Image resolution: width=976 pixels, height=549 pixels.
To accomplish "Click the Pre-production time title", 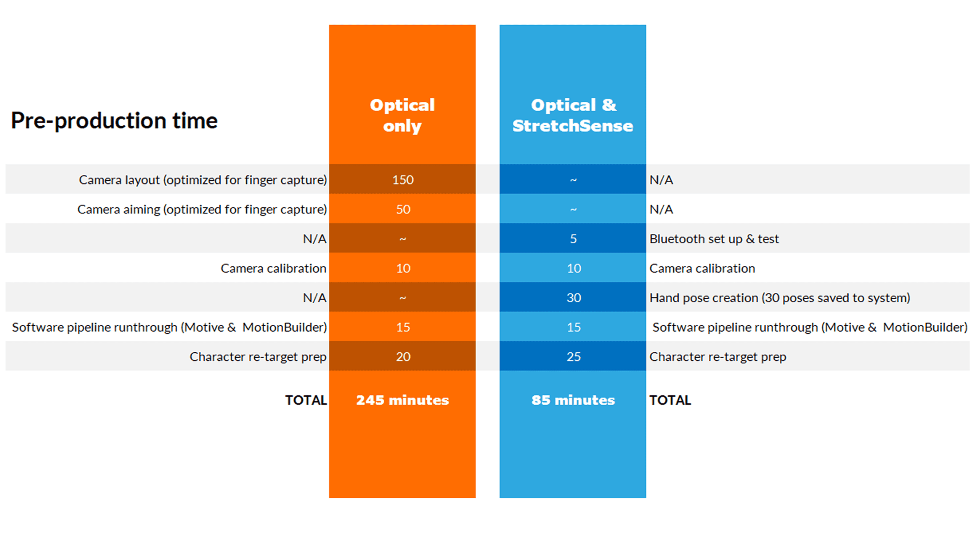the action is (x=114, y=121).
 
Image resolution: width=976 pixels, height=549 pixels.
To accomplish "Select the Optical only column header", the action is (x=402, y=115).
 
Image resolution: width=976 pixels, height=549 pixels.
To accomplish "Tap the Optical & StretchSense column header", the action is (x=573, y=115).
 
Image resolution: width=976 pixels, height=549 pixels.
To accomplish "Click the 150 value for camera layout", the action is (x=403, y=180).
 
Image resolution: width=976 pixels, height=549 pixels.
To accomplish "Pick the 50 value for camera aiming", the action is (x=403, y=209).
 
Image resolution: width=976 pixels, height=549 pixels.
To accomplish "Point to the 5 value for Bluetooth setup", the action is (x=573, y=239).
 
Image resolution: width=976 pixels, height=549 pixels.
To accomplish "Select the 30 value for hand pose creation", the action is (x=573, y=298).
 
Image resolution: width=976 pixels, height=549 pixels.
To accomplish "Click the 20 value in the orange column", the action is (x=403, y=356).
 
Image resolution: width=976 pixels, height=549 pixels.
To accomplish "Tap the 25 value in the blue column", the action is (x=573, y=356).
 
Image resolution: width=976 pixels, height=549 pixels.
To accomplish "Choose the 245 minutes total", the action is (x=402, y=400).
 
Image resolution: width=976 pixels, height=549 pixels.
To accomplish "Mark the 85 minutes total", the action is (x=573, y=400).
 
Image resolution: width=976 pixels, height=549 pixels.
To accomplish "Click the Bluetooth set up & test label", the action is (x=714, y=239).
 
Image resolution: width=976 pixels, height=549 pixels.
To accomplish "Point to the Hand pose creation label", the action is (x=780, y=298).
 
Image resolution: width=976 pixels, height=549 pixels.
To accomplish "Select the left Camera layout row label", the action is (x=203, y=180).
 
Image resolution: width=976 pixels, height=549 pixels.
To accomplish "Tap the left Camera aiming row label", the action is (x=202, y=209).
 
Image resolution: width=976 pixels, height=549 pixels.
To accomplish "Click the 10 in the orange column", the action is (x=403, y=268).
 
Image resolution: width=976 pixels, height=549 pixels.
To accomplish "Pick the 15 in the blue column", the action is (x=573, y=327).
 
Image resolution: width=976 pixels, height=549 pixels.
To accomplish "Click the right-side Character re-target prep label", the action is (x=718, y=357).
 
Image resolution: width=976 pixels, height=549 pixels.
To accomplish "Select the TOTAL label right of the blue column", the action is (x=670, y=400).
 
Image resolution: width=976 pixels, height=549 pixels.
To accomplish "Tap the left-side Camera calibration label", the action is (x=273, y=268).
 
